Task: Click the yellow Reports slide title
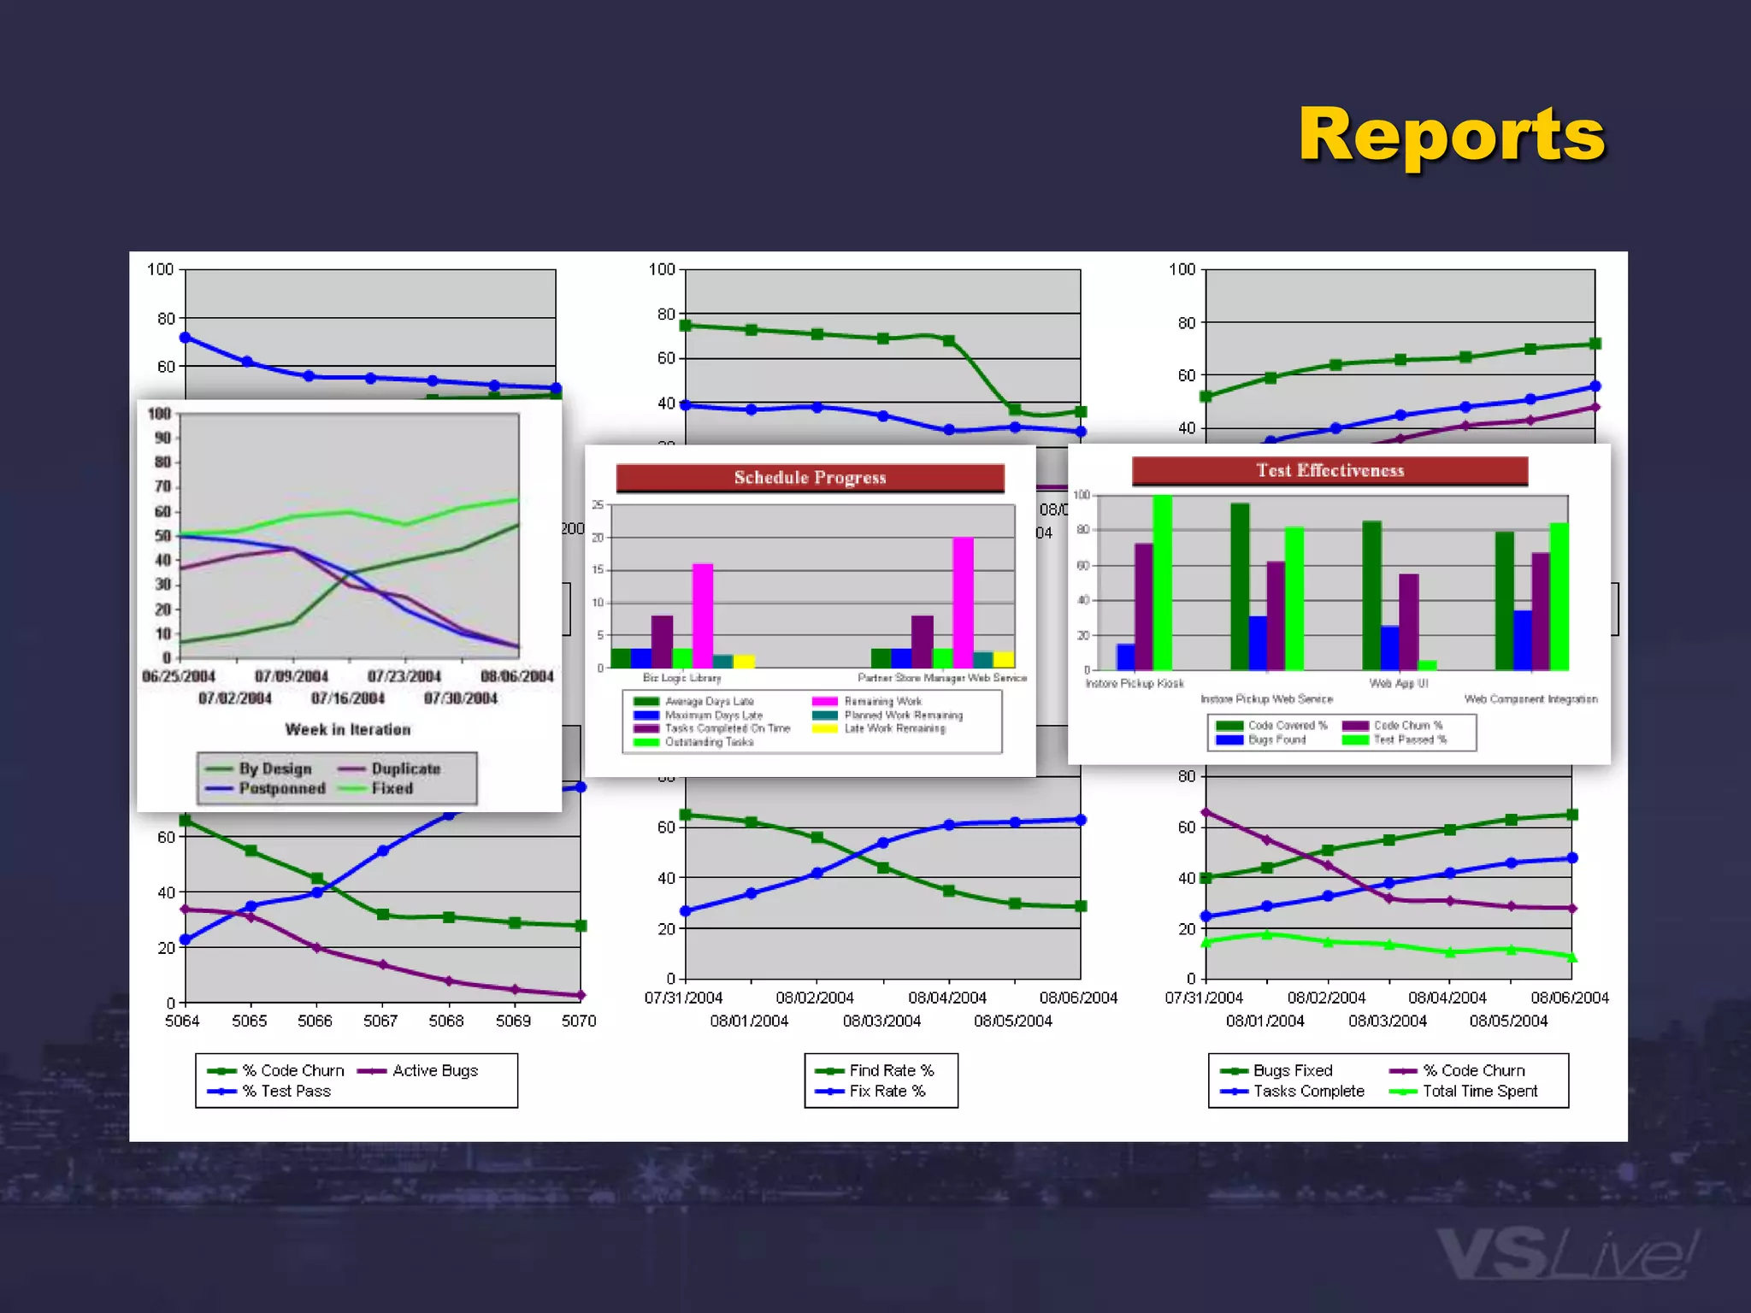tap(1451, 135)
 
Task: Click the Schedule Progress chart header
tap(810, 478)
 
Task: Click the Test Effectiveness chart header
tap(1329, 470)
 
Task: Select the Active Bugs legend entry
tap(434, 1070)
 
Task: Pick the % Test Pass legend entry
tap(286, 1091)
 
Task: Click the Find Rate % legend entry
tap(891, 1070)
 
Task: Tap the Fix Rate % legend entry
tap(887, 1091)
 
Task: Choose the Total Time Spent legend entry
tap(1479, 1091)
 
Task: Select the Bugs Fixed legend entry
tap(1292, 1070)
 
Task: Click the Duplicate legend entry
tap(405, 768)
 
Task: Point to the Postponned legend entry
tap(281, 788)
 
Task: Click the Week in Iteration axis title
tap(348, 729)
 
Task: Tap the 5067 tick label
tap(380, 1021)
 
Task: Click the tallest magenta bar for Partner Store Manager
tap(963, 603)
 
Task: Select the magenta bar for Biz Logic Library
tap(703, 615)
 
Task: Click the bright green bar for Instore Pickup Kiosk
tap(1162, 582)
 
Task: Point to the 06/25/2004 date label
tap(179, 676)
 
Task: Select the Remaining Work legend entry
tap(882, 701)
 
